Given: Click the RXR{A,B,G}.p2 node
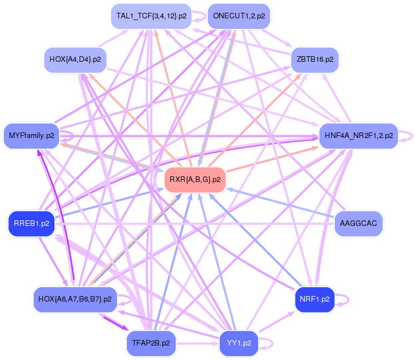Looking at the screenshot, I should pyautogui.click(x=195, y=180).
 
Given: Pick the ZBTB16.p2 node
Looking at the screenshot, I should pyautogui.click(x=315, y=59).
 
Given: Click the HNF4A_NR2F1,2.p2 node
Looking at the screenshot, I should pyautogui.click(x=357, y=135).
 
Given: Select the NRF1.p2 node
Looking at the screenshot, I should pyautogui.click(x=314, y=299).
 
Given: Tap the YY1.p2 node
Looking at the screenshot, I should pyautogui.click(x=239, y=343).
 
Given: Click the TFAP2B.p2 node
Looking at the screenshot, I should pyautogui.click(x=151, y=343).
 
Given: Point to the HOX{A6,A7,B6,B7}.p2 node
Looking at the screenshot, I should pyautogui.click(x=75, y=299).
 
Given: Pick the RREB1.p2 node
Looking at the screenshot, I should pyautogui.click(x=32, y=223).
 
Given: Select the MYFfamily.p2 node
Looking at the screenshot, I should pyautogui.click(x=32, y=135).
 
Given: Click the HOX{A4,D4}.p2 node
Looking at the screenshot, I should pyautogui.click(x=75, y=59).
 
